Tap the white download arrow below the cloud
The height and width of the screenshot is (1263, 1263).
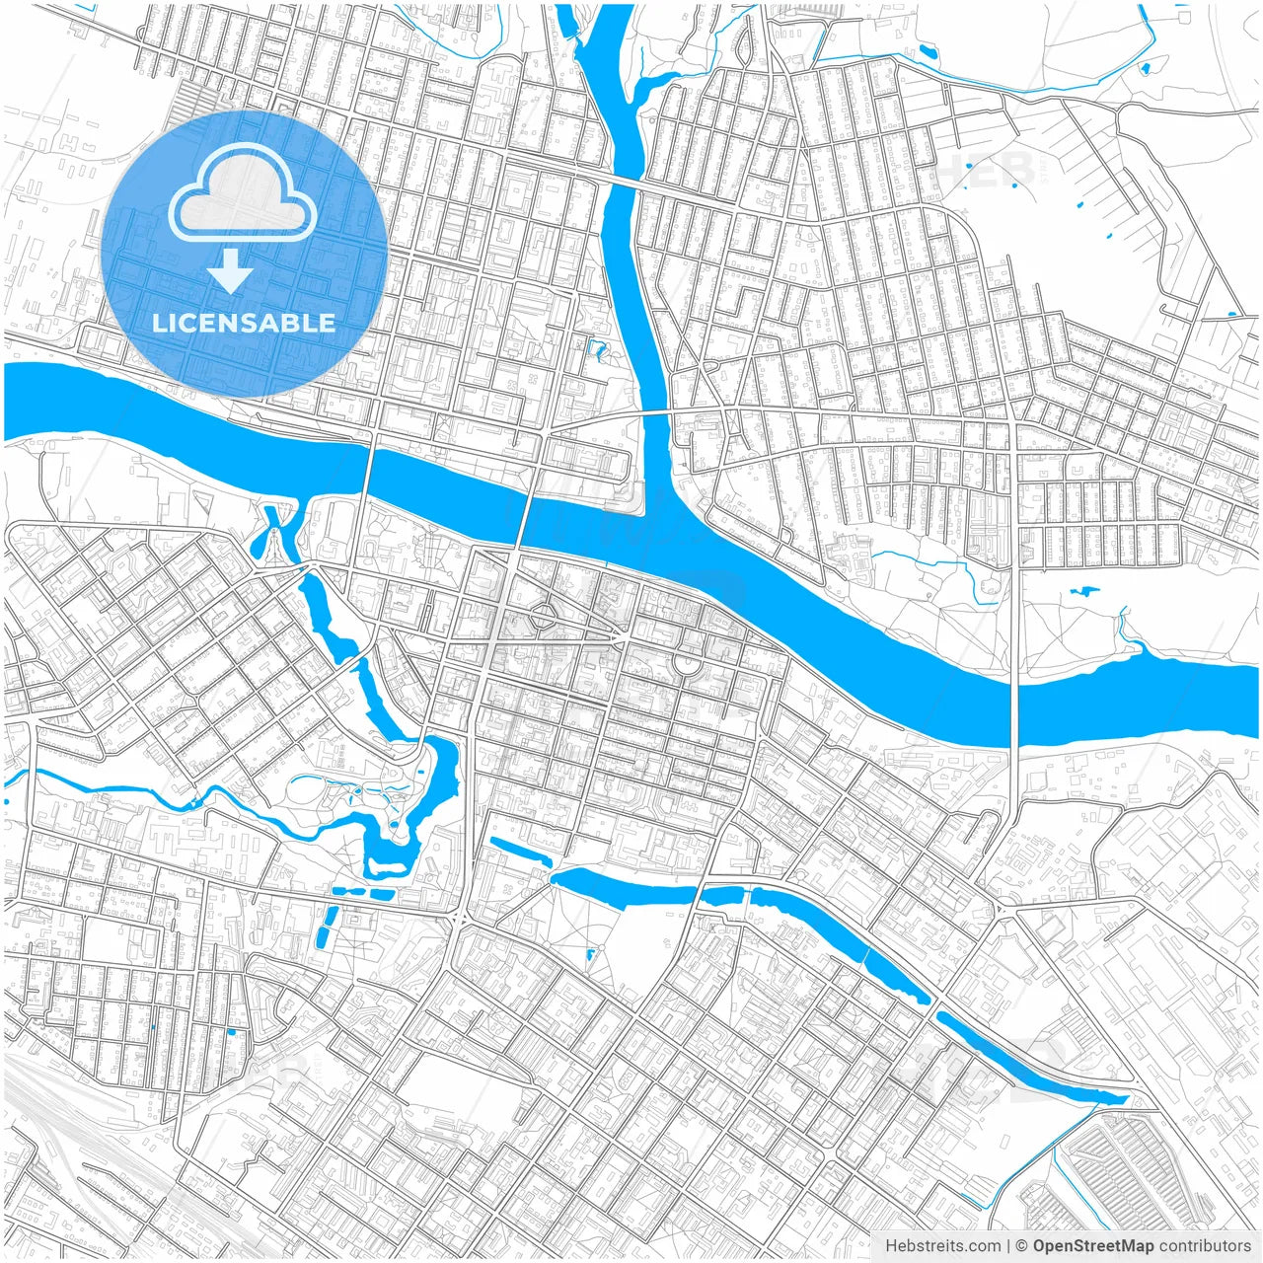(231, 271)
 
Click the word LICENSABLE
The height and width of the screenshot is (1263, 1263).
(244, 323)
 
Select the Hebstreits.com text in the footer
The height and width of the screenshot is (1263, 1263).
(942, 1246)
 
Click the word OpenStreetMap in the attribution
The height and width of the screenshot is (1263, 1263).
(1093, 1246)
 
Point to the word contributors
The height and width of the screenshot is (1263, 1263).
(1205, 1246)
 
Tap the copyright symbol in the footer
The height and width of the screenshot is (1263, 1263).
(1021, 1246)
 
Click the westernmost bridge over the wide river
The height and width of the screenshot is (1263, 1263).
(368, 469)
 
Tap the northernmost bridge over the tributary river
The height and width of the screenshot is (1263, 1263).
(621, 181)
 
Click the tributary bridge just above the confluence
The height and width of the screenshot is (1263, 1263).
(657, 413)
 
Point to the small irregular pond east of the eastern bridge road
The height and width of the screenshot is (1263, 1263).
(1083, 592)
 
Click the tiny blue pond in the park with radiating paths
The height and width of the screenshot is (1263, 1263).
(590, 954)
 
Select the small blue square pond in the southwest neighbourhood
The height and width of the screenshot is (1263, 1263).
(231, 1032)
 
